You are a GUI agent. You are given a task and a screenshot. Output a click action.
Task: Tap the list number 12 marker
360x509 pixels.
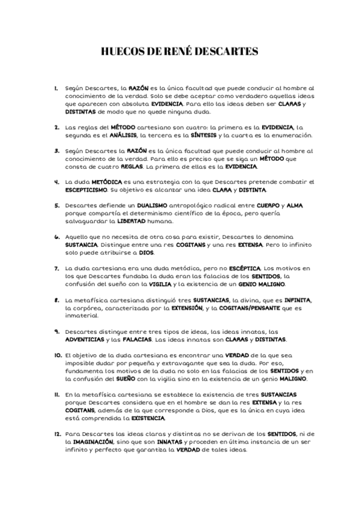[57, 432]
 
